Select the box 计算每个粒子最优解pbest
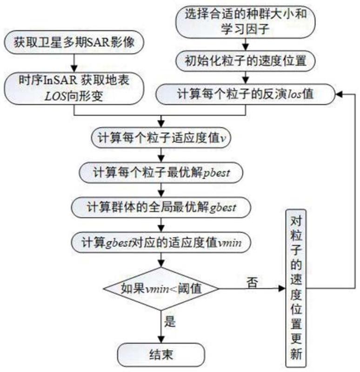tap(161, 173)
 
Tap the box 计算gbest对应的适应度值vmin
tap(161, 242)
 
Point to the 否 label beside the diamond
tap(253, 281)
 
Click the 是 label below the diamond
tap(171, 321)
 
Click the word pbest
tap(227, 173)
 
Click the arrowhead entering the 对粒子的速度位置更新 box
tap(282, 288)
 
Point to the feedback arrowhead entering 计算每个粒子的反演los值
tap(338, 94)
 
